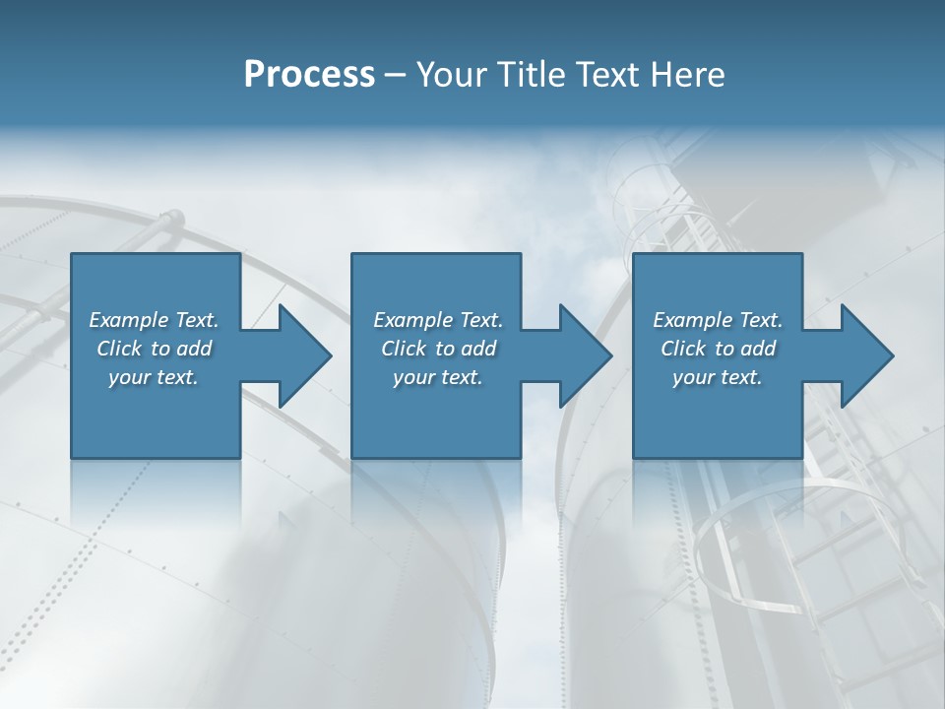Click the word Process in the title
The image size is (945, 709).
309,75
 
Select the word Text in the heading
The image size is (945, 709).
605,75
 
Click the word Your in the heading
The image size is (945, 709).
450,75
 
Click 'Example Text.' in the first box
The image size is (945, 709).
154,320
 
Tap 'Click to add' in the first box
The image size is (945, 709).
154,349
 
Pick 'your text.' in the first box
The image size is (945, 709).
154,377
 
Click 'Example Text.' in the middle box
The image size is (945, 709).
437,320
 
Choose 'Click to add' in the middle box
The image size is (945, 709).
437,349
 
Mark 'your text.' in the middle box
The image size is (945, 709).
437,377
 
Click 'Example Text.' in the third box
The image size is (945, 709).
718,320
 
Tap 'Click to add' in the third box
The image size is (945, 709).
718,349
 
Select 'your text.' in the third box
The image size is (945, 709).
718,377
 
